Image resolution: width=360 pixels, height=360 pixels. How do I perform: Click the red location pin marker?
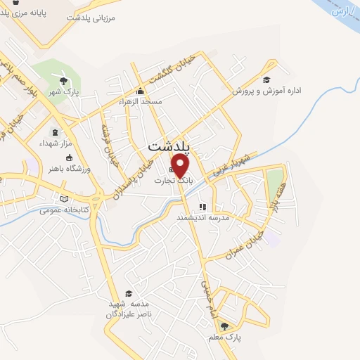pyautogui.click(x=181, y=166)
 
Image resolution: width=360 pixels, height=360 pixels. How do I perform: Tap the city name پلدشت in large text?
pyautogui.click(x=173, y=146)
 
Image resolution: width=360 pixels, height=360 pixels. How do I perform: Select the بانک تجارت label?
pyautogui.click(x=174, y=181)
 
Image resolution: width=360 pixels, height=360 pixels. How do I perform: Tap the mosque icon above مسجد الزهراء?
pyautogui.click(x=140, y=91)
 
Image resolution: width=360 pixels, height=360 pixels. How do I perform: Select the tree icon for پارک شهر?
pyautogui.click(x=63, y=82)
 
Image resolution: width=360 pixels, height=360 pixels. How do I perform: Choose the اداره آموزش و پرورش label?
pyautogui.click(x=266, y=91)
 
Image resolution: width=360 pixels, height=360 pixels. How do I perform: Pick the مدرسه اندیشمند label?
pyautogui.click(x=203, y=219)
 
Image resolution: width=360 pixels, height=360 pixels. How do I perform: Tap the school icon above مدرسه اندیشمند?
pyautogui.click(x=202, y=207)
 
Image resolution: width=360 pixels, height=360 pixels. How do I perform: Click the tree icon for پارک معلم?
pyautogui.click(x=224, y=326)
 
